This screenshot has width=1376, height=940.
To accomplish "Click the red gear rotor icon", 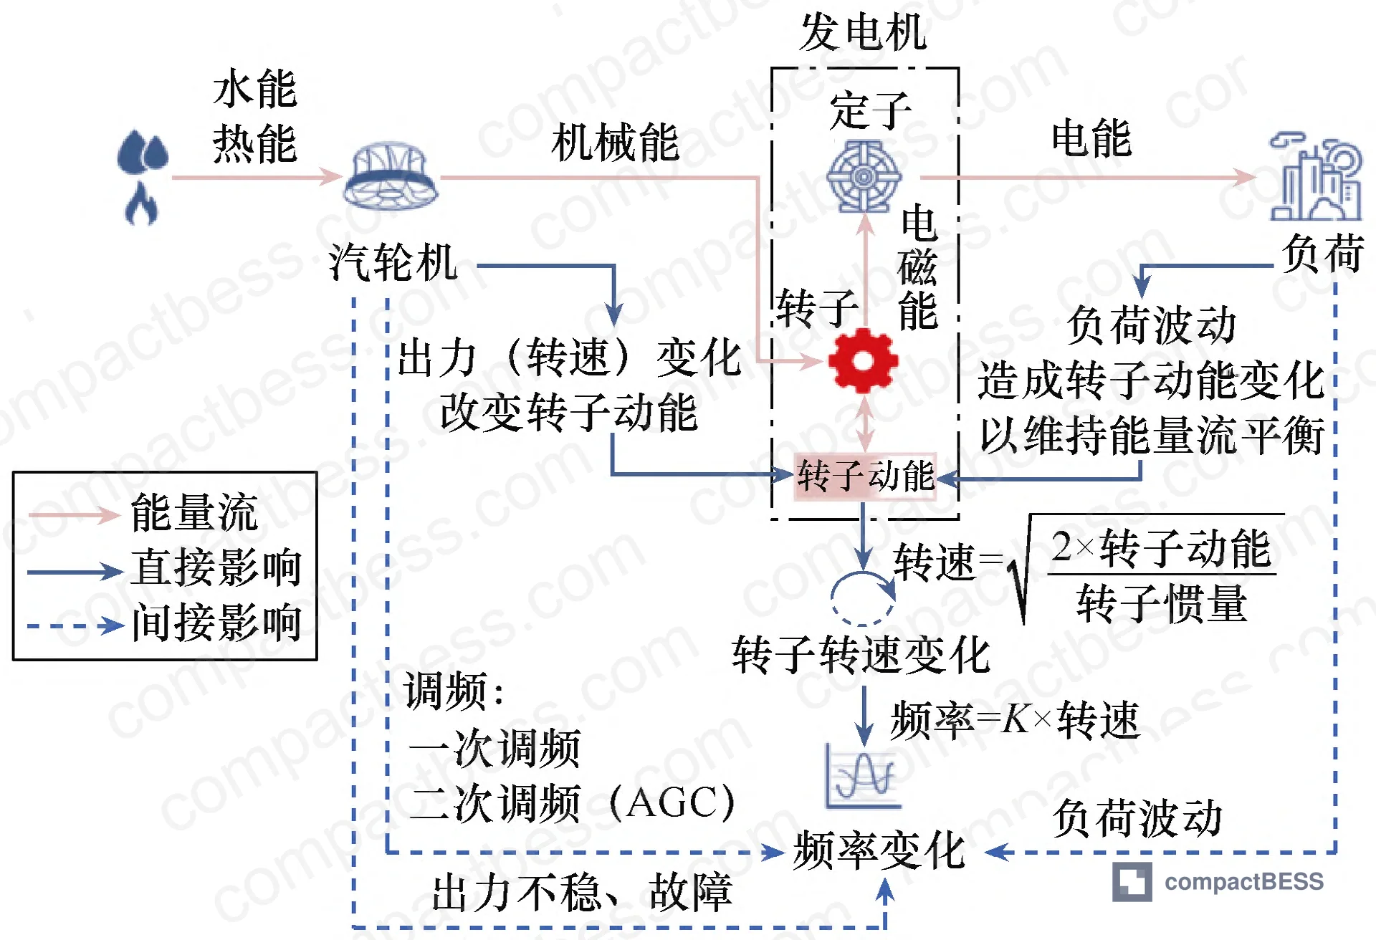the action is tap(863, 360).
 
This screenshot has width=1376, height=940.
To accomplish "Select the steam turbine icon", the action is tap(391, 176).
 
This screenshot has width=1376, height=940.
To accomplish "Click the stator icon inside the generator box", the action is tap(864, 176).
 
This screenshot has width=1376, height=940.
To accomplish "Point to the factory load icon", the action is tap(1316, 178).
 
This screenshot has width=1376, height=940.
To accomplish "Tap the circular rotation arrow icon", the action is tap(862, 598).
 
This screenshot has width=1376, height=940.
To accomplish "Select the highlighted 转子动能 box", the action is tap(865, 476).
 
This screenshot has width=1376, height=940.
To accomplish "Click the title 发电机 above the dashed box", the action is tap(864, 32).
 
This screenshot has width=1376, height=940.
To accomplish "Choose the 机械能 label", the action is tap(615, 142).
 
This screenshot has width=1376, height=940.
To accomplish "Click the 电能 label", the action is tap(1091, 138).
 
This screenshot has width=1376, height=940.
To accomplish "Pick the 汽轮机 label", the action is tap(393, 262).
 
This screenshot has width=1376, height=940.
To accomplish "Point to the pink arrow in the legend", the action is tap(74, 514).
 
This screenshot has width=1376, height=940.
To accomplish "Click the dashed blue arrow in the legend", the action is tap(76, 625).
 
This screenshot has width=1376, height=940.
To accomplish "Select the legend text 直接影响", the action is tap(216, 567).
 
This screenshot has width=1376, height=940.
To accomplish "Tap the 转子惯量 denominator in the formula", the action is tap(1162, 603).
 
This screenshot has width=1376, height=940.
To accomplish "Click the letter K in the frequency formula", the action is tap(1016, 719).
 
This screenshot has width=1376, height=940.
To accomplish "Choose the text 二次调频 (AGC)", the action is tap(573, 802).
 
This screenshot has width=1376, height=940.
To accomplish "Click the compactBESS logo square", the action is tap(1132, 881).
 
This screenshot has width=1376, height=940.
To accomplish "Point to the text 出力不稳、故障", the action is tap(582, 893).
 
